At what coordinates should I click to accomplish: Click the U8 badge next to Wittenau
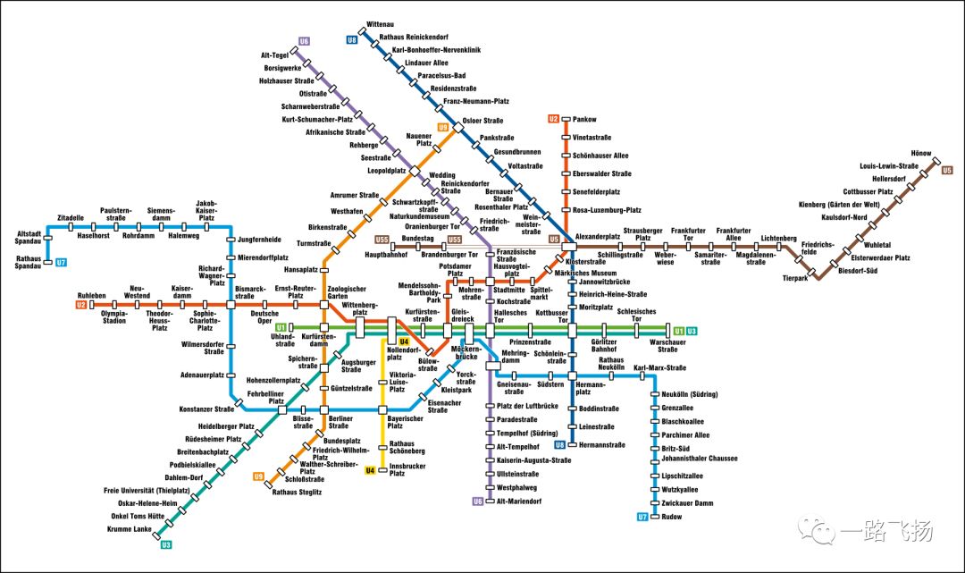coord(351,39)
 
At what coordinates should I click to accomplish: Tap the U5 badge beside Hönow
coord(947,170)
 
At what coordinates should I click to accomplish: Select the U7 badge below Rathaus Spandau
coord(61,263)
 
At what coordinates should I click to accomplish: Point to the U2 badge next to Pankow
coord(553,119)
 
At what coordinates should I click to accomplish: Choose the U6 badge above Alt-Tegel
coord(304,41)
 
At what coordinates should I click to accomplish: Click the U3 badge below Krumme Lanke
coord(166,544)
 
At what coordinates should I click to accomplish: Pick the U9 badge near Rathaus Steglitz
coord(258,476)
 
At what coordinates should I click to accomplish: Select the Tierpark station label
coord(794,278)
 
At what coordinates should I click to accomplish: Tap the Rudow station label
coord(672,518)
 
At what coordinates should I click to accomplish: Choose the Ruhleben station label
coord(92,295)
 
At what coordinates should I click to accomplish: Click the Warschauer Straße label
coord(668,344)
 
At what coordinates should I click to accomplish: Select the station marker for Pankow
coord(565,119)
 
